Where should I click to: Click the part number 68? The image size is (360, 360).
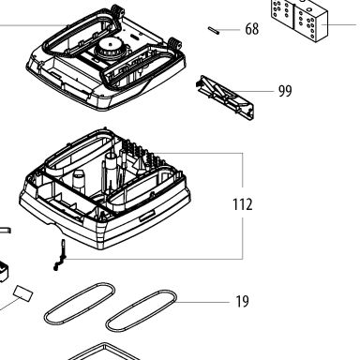click(252, 29)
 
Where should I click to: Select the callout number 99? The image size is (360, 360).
click(285, 91)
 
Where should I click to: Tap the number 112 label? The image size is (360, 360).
click(243, 204)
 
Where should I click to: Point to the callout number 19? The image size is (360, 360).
click(242, 302)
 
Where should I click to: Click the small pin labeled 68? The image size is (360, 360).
click(214, 30)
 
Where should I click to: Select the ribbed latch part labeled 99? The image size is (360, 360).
click(225, 97)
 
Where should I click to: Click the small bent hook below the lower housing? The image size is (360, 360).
click(60, 254)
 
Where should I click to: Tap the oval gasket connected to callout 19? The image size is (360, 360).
click(142, 311)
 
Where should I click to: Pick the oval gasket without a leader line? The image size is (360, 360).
click(80, 304)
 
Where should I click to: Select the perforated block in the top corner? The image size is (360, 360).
click(299, 20)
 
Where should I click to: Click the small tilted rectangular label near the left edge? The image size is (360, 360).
click(23, 293)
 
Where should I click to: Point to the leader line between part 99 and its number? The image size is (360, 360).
click(252, 91)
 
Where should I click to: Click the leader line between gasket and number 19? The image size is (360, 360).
click(202, 302)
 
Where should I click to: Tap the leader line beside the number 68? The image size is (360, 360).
click(230, 30)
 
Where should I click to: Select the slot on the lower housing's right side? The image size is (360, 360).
click(147, 217)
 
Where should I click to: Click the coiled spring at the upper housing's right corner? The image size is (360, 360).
click(174, 43)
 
